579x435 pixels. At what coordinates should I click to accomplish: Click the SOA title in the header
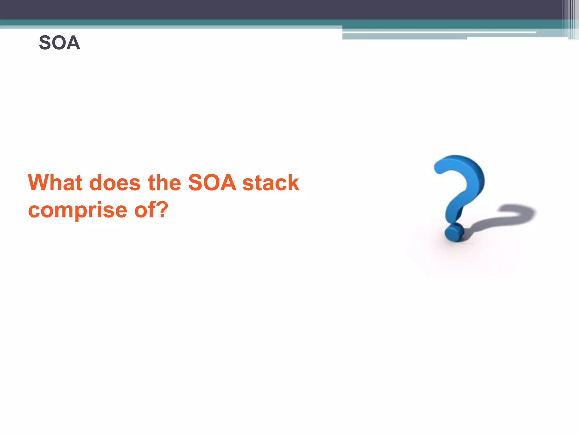pos(59,43)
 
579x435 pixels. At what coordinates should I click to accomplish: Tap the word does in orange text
pos(115,183)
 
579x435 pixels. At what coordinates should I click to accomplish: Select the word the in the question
pos(164,183)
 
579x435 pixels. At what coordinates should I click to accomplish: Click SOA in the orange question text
pos(212,183)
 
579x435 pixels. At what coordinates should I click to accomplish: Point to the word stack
pos(271,183)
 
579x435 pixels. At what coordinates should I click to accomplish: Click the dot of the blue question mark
pos(454,233)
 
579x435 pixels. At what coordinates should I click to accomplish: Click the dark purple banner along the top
pos(254,9)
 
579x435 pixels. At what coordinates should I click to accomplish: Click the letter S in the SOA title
pos(45,43)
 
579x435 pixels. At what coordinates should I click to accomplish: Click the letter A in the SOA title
pos(74,43)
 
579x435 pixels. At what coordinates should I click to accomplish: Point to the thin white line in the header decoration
pos(438,33)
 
